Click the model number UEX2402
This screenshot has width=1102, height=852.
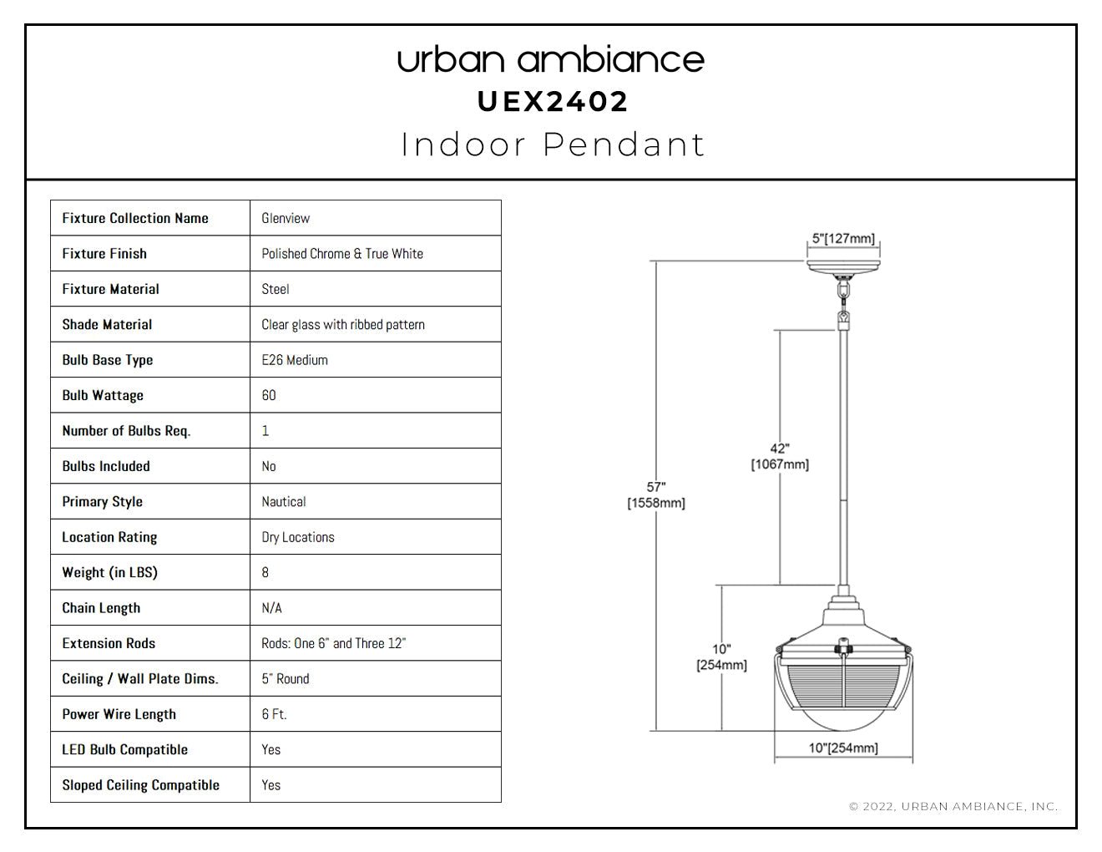pyautogui.click(x=553, y=102)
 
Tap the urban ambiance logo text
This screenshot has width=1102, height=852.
pyautogui.click(x=551, y=60)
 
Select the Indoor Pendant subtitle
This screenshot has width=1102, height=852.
pyautogui.click(x=553, y=145)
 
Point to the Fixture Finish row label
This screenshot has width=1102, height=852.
pyautogui.click(x=104, y=254)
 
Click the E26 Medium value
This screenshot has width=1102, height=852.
pyautogui.click(x=295, y=360)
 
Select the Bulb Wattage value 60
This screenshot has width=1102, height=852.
pyautogui.click(x=269, y=395)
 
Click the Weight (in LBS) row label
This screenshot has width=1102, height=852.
pyautogui.click(x=109, y=573)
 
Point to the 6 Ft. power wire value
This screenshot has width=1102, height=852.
pyautogui.click(x=274, y=714)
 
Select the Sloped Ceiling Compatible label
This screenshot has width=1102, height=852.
pyautogui.click(x=140, y=785)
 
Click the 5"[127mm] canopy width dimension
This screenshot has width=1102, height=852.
pyautogui.click(x=843, y=239)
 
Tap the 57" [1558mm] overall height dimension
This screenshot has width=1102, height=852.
pyautogui.click(x=656, y=494)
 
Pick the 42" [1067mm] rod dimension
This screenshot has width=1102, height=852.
pyautogui.click(x=780, y=456)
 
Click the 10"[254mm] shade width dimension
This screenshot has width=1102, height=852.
pyautogui.click(x=843, y=748)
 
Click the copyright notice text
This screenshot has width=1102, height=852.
pyautogui.click(x=953, y=806)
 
